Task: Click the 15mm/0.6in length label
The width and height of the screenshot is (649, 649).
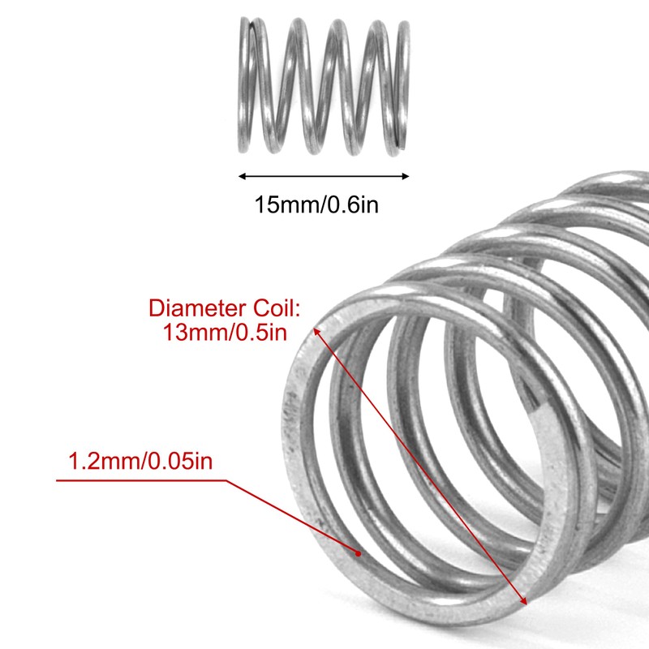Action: [x=317, y=204]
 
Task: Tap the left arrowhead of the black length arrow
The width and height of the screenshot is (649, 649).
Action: [x=240, y=176]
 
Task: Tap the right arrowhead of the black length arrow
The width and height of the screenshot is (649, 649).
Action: [x=406, y=176]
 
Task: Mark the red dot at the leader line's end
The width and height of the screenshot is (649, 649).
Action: [x=358, y=553]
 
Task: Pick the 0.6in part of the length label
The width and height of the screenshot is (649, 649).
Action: [x=351, y=204]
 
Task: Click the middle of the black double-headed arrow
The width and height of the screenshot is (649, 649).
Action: [x=323, y=176]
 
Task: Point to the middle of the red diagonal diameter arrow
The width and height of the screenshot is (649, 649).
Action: [x=421, y=466]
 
